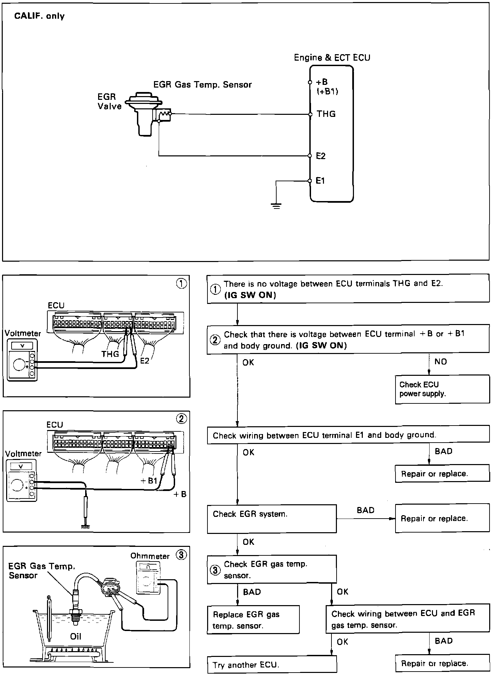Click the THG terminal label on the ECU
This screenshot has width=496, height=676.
pyautogui.click(x=326, y=114)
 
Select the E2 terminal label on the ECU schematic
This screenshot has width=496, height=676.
pyautogui.click(x=321, y=156)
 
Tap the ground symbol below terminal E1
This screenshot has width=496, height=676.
pyautogui.click(x=277, y=205)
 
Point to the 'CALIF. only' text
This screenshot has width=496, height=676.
pyautogui.click(x=39, y=16)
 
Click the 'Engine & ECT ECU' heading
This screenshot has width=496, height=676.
pyautogui.click(x=332, y=58)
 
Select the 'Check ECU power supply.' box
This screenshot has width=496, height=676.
pyautogui.click(x=442, y=389)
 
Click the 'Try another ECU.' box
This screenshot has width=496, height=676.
pyautogui.click(x=272, y=664)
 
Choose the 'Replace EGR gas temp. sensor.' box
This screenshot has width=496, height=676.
pyautogui.click(x=253, y=620)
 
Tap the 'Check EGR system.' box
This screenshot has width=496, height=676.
pyautogui.click(x=272, y=519)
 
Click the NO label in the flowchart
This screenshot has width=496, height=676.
pyautogui.click(x=440, y=362)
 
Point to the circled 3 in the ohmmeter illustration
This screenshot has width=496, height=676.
pyautogui.click(x=181, y=555)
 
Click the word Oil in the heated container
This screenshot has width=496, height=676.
pyautogui.click(x=76, y=636)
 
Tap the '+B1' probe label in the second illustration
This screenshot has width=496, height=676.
pyautogui.click(x=149, y=480)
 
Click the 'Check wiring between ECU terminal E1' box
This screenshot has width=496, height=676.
pyautogui.click(x=348, y=435)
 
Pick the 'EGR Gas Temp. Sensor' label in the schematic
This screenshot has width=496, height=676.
pyautogui.click(x=202, y=84)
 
